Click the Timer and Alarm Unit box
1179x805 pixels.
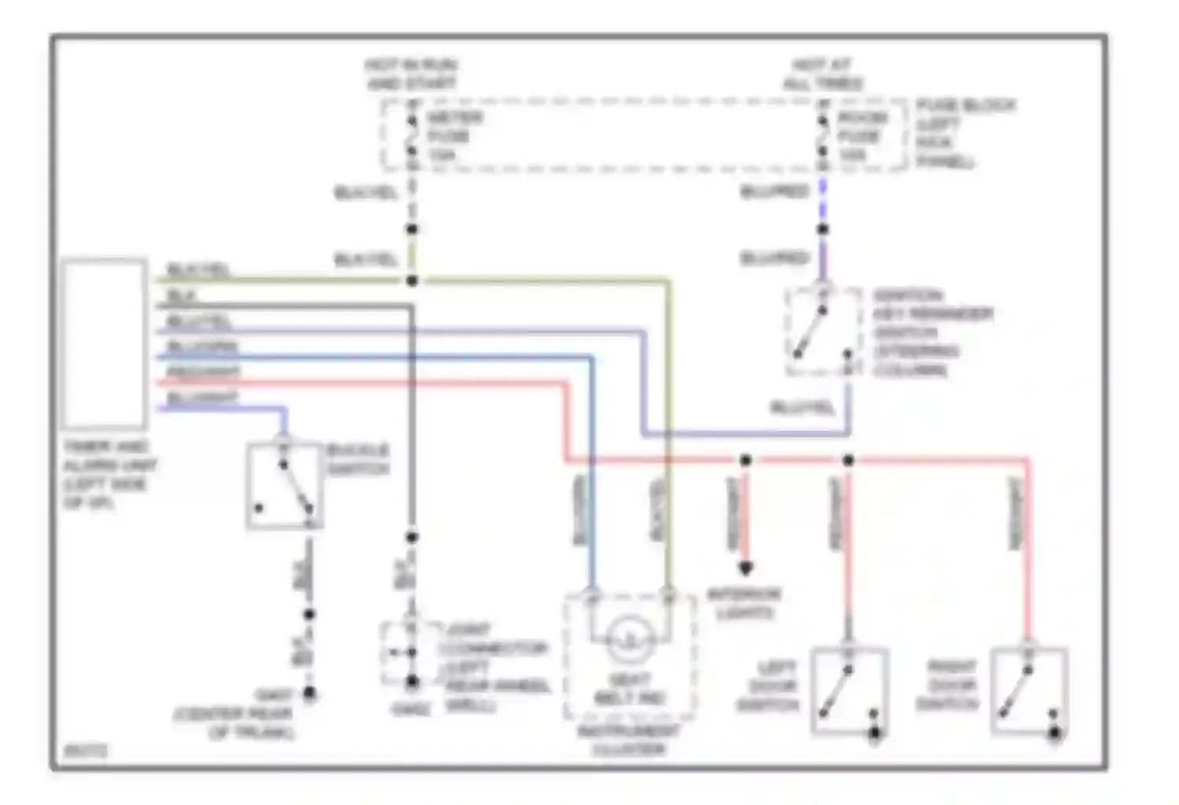pyautogui.click(x=105, y=344)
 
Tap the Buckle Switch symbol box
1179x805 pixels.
pyautogui.click(x=285, y=486)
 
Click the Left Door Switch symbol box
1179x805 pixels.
pyautogui.click(x=849, y=690)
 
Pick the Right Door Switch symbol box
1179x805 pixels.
pyautogui.click(x=1029, y=690)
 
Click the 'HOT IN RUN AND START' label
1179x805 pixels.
pyautogui.click(x=411, y=74)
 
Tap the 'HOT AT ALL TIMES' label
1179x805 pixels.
pyautogui.click(x=822, y=74)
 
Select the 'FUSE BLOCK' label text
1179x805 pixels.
pyautogui.click(x=965, y=105)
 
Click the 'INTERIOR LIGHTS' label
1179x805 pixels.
pyautogui.click(x=744, y=603)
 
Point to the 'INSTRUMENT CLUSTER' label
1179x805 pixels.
pyautogui.click(x=629, y=740)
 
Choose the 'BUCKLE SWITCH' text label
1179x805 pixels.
pyautogui.click(x=358, y=459)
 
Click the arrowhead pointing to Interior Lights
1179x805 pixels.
pyautogui.click(x=745, y=568)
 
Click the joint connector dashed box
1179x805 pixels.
pyautogui.click(x=411, y=653)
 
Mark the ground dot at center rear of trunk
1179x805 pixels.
pyautogui.click(x=310, y=693)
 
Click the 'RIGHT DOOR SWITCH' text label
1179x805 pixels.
pyautogui.click(x=948, y=686)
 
